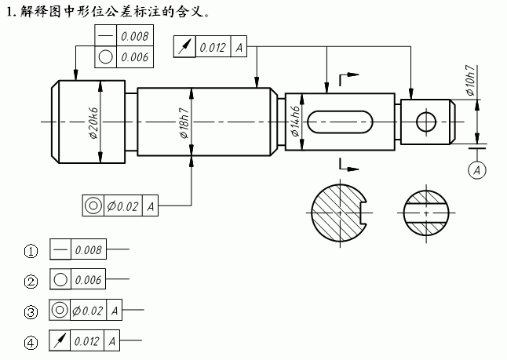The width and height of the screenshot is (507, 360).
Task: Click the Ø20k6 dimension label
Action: point(93,122)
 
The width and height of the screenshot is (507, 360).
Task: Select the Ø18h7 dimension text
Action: point(184,122)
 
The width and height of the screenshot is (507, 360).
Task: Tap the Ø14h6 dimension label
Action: point(296,122)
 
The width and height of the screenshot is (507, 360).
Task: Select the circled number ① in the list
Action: point(31,252)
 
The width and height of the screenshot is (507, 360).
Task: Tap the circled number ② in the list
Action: point(31,282)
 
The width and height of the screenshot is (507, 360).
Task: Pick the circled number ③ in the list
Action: point(31,312)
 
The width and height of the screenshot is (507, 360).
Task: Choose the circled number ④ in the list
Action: point(31,343)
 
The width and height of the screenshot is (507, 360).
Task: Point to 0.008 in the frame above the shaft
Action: point(135,36)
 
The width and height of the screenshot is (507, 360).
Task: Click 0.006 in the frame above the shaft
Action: point(135,56)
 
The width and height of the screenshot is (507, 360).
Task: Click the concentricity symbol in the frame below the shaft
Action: point(93,206)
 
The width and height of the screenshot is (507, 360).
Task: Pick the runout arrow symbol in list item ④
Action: point(60,342)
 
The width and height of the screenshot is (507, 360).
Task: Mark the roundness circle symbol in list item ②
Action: point(60,281)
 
